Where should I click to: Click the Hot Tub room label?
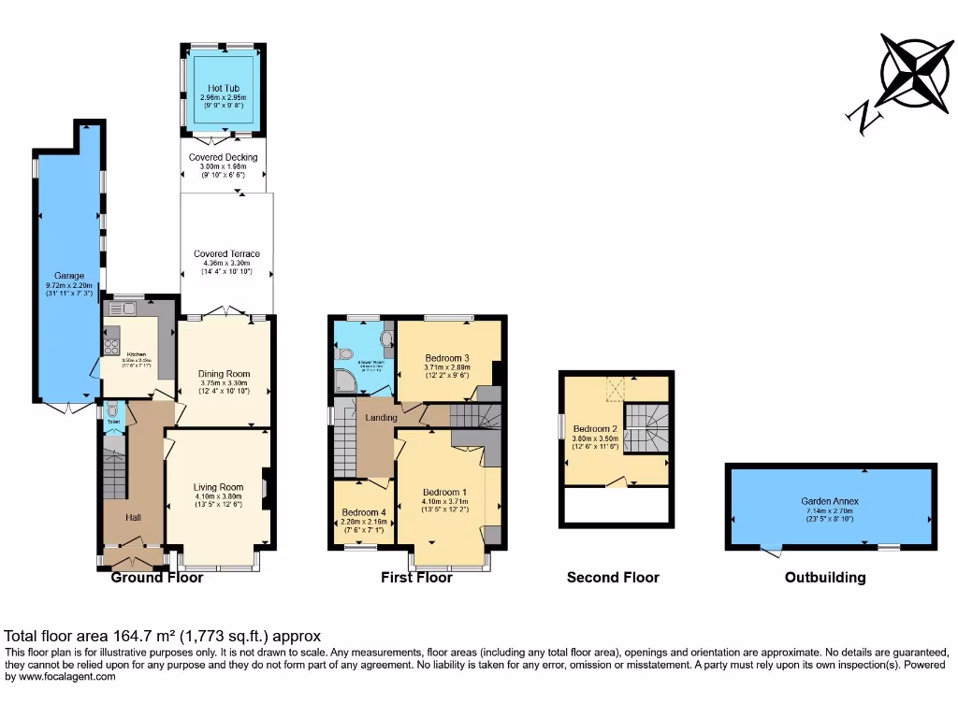(223, 89)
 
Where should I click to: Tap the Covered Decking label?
(223, 158)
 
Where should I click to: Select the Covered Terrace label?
(226, 254)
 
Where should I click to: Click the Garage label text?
(68, 276)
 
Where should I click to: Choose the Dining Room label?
(225, 374)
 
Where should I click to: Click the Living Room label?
(218, 487)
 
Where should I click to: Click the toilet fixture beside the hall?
(112, 411)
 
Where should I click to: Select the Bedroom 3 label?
(447, 358)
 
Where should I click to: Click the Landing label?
(381, 417)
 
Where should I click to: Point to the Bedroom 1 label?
(444, 493)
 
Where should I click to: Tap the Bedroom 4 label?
(363, 512)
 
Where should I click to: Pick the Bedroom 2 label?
(596, 429)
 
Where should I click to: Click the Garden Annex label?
(829, 501)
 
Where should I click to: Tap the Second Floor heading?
(613, 578)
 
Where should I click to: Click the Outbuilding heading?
(824, 578)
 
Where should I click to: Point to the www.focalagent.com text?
(62, 677)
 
